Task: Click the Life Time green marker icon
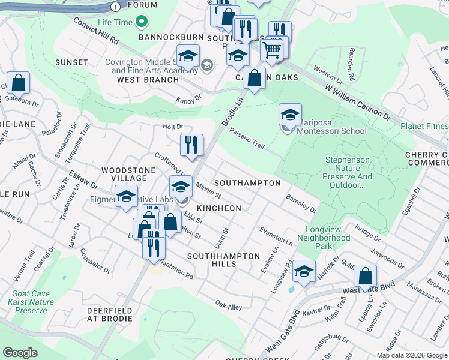pyautogui.click(x=142, y=23)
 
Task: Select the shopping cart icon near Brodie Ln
pyautogui.click(x=272, y=49)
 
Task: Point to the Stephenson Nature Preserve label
pyautogui.click(x=348, y=169)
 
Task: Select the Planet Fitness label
pyautogui.click(x=424, y=126)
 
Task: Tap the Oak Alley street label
pyautogui.click(x=229, y=306)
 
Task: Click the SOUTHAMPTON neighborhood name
pyautogui.click(x=247, y=182)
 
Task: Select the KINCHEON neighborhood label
pyautogui.click(x=219, y=208)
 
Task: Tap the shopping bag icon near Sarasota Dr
pyautogui.click(x=19, y=83)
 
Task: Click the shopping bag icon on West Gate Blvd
pyautogui.click(x=365, y=276)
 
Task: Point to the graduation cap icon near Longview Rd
pyautogui.click(x=304, y=271)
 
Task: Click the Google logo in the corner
pyautogui.click(x=20, y=353)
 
